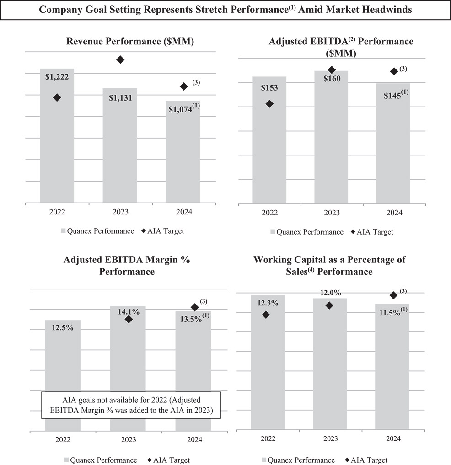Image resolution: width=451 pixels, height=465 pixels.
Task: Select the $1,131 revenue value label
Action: [x=120, y=97]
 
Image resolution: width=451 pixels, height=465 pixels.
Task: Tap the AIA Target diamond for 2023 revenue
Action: [x=120, y=59]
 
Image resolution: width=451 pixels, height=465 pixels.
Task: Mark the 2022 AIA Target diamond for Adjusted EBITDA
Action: [x=269, y=104]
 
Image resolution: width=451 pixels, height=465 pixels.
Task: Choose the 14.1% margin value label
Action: [x=128, y=311]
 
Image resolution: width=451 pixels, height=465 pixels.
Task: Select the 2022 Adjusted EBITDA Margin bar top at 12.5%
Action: [x=63, y=321]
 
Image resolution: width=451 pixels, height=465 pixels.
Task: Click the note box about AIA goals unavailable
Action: [x=131, y=405]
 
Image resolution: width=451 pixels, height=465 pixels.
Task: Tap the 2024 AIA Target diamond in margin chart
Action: [x=194, y=307]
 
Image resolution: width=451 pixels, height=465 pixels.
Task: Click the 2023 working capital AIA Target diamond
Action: [x=329, y=305]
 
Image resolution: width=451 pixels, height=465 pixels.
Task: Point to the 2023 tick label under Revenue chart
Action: [x=120, y=212]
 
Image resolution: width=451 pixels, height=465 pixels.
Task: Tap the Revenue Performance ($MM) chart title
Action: [x=130, y=41]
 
